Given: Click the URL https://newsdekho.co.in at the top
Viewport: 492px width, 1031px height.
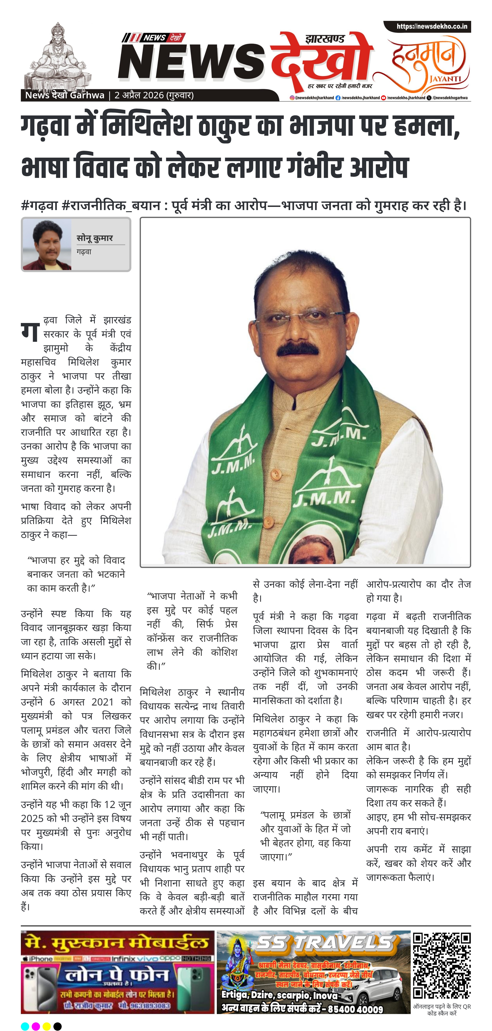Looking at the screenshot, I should pyautogui.click(x=432, y=27).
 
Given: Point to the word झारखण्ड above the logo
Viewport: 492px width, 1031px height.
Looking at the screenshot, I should pyautogui.click(x=325, y=39).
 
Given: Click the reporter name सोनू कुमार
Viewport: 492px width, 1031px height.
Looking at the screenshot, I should pyautogui.click(x=95, y=238).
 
